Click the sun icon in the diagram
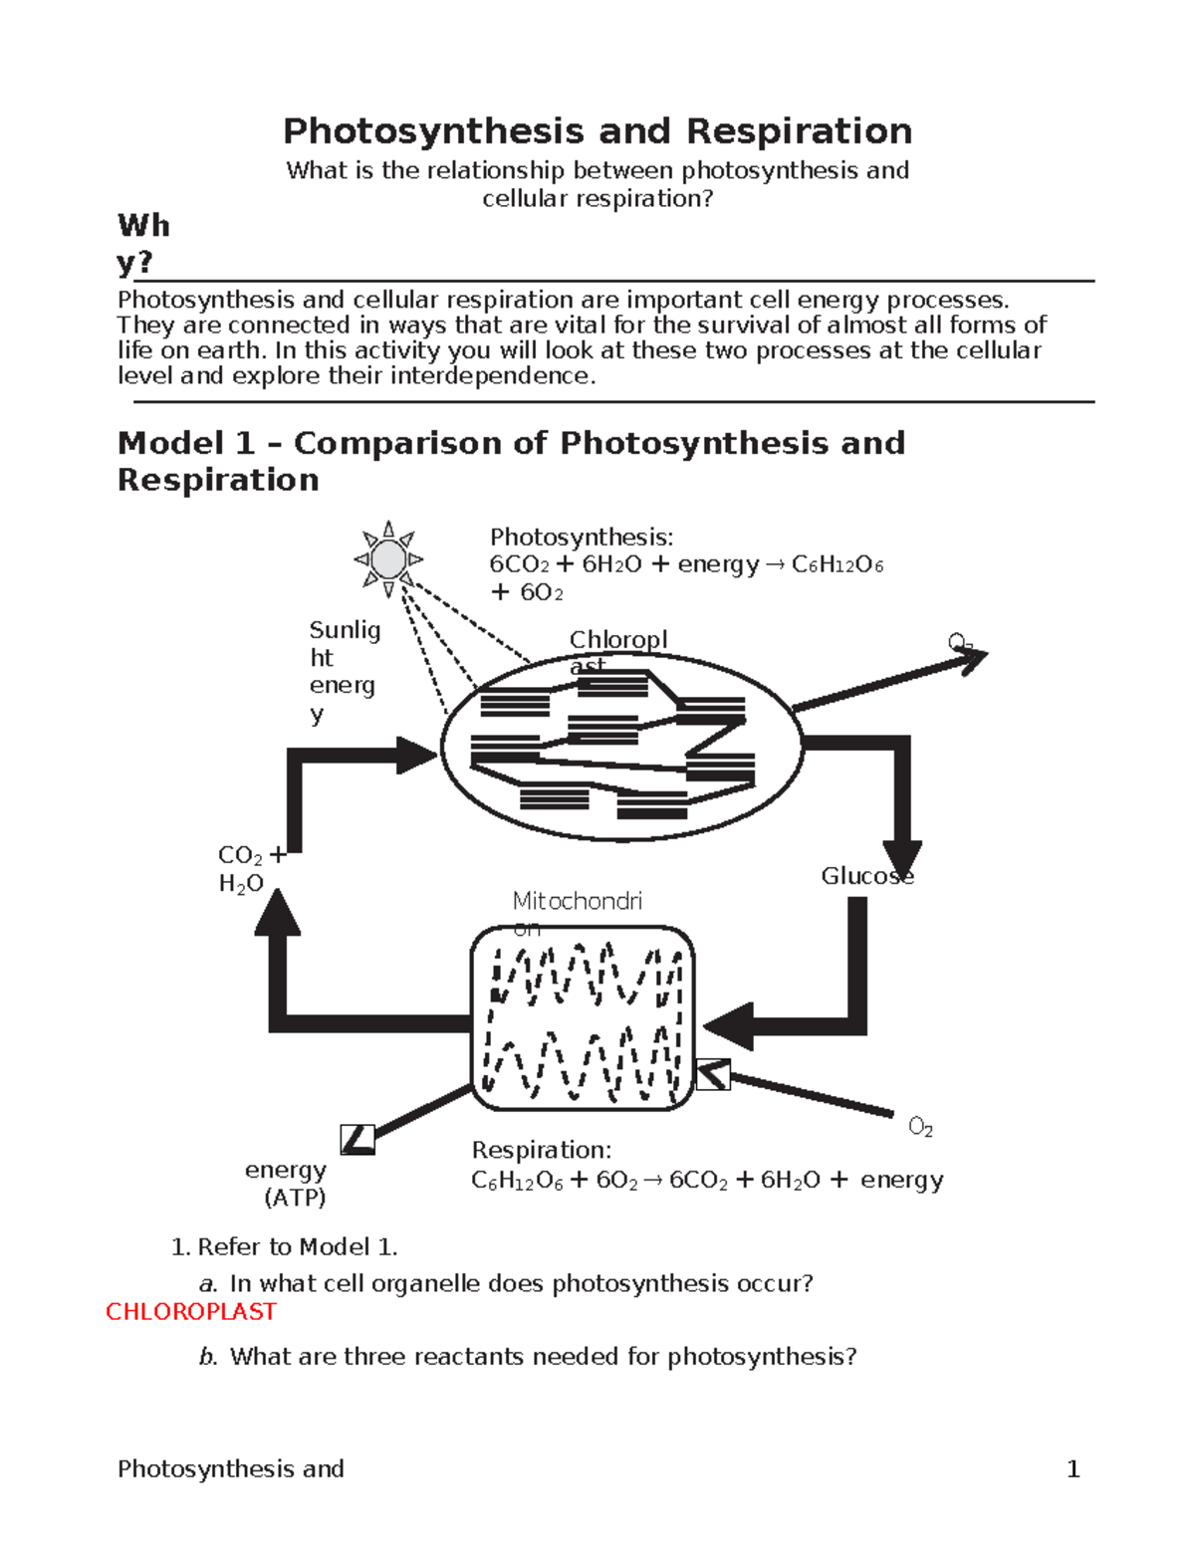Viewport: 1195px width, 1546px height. pyautogui.click(x=388, y=559)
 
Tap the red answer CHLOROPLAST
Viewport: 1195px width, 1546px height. pyautogui.click(x=191, y=1312)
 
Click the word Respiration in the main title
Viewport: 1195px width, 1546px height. pyautogui.click(x=799, y=131)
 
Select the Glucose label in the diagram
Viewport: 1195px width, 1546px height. pyautogui.click(x=866, y=876)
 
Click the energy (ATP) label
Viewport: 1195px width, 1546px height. pyautogui.click(x=288, y=1184)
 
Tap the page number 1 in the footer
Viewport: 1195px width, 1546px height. pyautogui.click(x=1073, y=1469)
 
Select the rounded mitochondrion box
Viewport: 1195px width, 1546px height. pyautogui.click(x=583, y=1018)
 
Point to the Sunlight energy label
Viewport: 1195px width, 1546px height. pyautogui.click(x=344, y=671)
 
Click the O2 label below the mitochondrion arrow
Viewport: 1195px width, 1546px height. pyautogui.click(x=920, y=1128)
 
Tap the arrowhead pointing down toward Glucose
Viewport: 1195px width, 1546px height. pyautogui.click(x=902, y=858)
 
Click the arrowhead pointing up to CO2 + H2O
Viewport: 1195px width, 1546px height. pyautogui.click(x=278, y=912)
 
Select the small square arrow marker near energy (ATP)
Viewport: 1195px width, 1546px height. pyautogui.click(x=357, y=1139)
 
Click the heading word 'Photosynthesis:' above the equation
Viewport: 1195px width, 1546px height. pyautogui.click(x=582, y=538)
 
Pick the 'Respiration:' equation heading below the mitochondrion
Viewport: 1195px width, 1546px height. pyautogui.click(x=542, y=1151)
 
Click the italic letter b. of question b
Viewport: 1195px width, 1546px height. pyautogui.click(x=207, y=1357)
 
